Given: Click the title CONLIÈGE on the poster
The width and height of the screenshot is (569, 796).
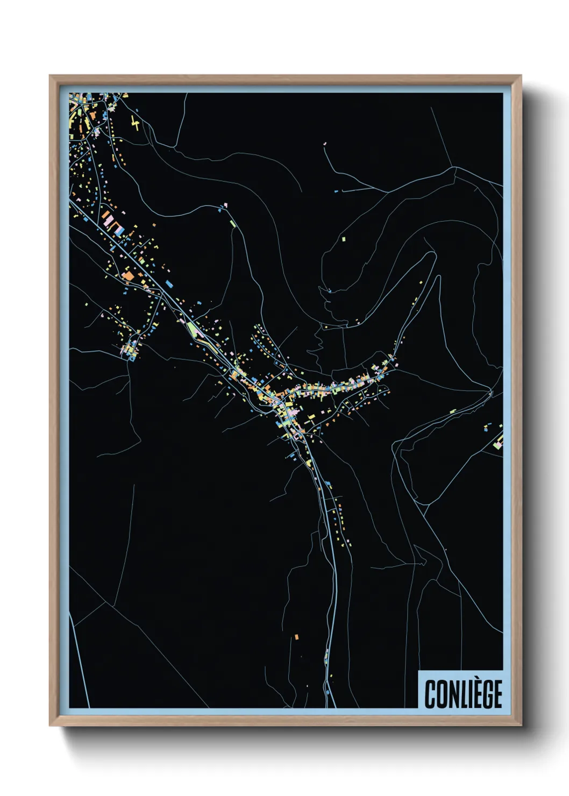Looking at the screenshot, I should point(463,694).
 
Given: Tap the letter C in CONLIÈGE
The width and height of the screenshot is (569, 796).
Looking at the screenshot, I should point(430,694).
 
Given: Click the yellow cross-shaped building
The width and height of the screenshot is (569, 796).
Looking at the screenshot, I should point(135,124).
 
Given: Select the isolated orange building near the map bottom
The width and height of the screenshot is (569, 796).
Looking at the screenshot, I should point(296,637).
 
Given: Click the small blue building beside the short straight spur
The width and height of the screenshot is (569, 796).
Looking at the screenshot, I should point(337,191).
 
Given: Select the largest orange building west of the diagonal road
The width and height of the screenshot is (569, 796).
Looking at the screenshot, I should point(128,276).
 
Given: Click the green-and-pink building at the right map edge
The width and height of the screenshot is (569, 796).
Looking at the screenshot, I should point(498,444).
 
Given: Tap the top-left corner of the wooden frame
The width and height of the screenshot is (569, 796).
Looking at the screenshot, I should point(50,76).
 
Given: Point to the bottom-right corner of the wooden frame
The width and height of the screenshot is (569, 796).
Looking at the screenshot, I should point(521,726).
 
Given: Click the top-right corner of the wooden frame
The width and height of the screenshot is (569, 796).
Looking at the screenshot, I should point(521,76).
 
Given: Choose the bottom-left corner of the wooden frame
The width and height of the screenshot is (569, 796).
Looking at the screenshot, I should point(50,726).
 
